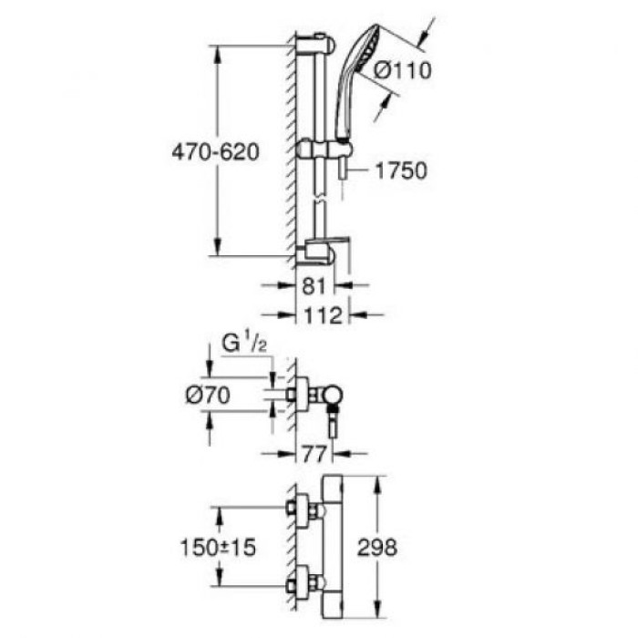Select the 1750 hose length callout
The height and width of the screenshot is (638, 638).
click(x=401, y=170)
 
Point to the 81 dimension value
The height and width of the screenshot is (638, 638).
click(x=313, y=286)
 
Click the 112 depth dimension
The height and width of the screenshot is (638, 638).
click(x=324, y=316)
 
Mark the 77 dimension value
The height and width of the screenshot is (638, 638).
click(x=314, y=451)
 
